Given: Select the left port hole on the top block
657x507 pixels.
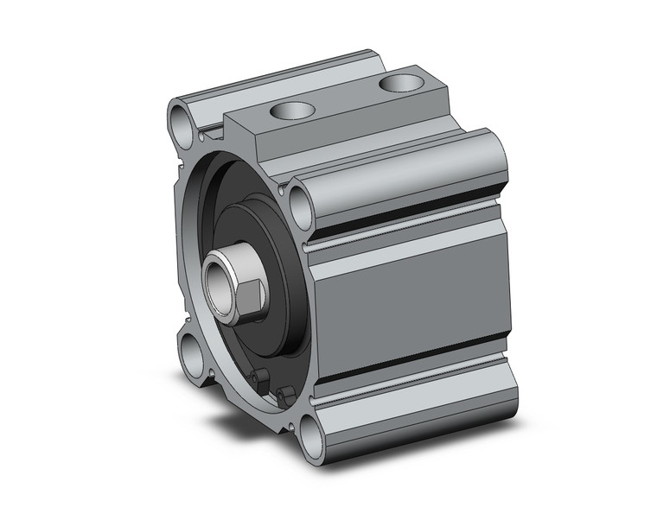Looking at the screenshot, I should click(x=290, y=111).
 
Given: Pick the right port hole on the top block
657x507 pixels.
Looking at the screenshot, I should click(x=399, y=83).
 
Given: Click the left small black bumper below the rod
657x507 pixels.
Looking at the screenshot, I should click(x=257, y=377).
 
